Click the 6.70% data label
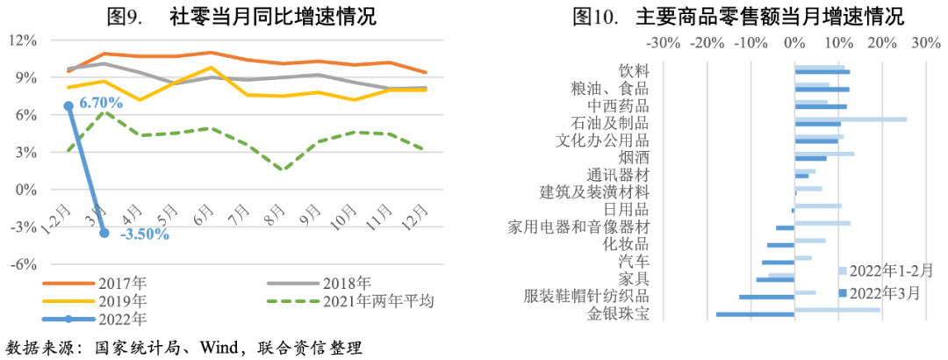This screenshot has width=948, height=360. point(101,104)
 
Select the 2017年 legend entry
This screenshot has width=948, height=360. point(124,283)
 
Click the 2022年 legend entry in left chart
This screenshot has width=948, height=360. point(124,319)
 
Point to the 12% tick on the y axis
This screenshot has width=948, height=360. point(24,40)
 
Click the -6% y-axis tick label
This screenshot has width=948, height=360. point(24,263)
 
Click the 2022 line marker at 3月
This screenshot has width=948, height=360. point(105,233)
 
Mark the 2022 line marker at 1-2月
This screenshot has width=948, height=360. point(68,105)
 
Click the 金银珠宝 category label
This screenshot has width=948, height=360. point(619,313)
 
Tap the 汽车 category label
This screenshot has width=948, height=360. point(634,262)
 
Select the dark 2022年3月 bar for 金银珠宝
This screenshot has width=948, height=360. point(755,313)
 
